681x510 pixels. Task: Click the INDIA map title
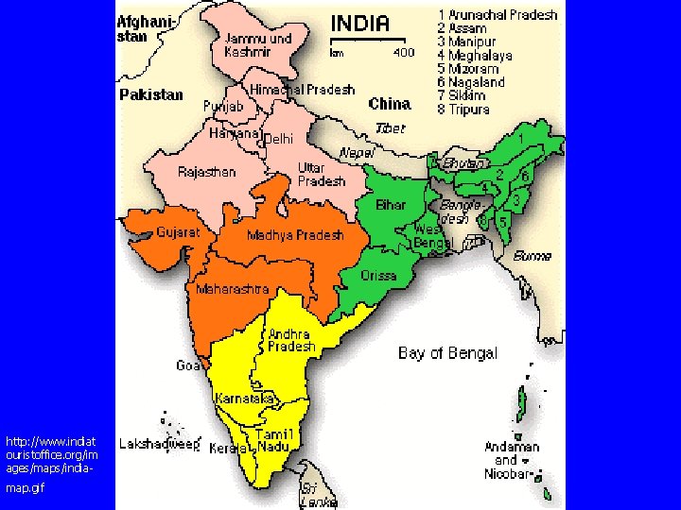[358, 24]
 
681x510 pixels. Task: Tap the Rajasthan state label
[207, 172]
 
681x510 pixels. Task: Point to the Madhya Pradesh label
[295, 235]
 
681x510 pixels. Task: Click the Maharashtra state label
[232, 289]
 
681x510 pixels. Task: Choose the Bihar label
[391, 205]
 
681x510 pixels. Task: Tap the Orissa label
[379, 276]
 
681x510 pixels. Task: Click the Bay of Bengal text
[447, 353]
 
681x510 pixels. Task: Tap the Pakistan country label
[151, 94]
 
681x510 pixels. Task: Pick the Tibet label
[390, 127]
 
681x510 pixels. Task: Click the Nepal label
[357, 152]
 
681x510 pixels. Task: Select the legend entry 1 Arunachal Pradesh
[498, 15]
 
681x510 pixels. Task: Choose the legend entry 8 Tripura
[464, 109]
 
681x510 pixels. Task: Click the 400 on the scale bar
[403, 53]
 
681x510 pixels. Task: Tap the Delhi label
[279, 139]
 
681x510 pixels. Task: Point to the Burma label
[533, 256]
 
